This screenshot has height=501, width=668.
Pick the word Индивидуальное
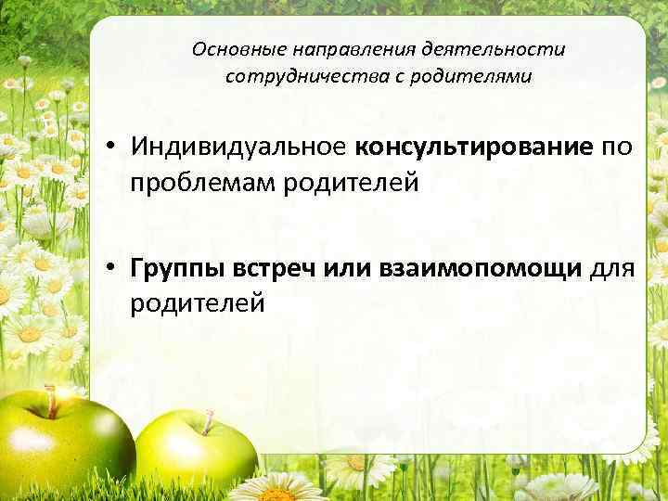click(238, 147)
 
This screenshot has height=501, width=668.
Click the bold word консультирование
click(472, 147)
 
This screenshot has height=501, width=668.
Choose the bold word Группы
click(175, 268)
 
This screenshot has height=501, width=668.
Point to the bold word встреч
click(268, 268)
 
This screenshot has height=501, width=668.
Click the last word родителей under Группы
click(198, 303)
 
